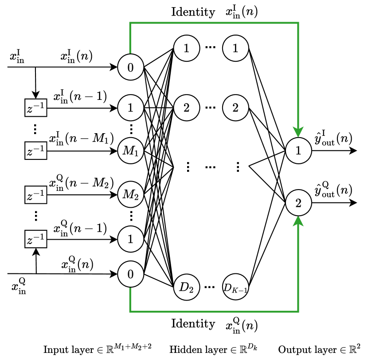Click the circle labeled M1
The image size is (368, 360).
[130, 151]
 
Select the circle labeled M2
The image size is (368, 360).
[130, 194]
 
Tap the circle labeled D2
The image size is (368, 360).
[186, 287]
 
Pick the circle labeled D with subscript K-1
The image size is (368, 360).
[235, 287]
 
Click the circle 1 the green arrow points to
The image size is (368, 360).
[298, 151]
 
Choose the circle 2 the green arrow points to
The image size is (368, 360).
[298, 203]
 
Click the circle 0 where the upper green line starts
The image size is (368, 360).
[130, 67]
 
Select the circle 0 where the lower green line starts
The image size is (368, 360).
[130, 274]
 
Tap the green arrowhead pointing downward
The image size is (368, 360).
[298, 132]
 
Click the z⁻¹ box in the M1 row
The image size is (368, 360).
[36, 151]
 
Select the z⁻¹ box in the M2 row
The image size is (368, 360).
[36, 195]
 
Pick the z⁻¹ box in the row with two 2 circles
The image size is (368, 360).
[36, 108]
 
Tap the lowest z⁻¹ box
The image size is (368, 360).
[36, 239]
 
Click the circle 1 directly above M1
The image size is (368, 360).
[130, 108]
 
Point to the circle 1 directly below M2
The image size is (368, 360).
[130, 239]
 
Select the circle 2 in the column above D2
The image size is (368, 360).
[186, 108]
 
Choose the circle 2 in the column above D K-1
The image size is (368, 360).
[235, 108]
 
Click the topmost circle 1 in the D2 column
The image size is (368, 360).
[186, 48]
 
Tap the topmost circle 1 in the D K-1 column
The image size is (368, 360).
[235, 48]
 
